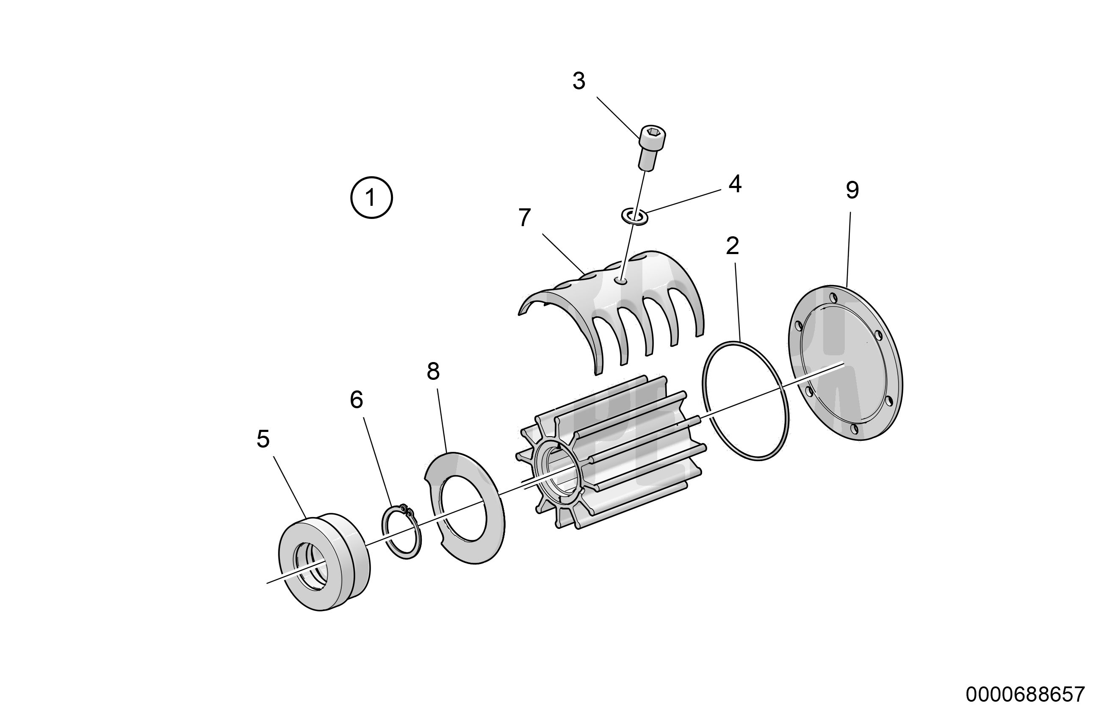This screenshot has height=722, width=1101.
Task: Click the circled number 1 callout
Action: (x=371, y=197)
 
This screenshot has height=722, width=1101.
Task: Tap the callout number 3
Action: (x=579, y=81)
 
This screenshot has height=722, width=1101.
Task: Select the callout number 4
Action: (x=735, y=184)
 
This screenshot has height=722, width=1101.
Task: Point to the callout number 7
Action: (x=525, y=218)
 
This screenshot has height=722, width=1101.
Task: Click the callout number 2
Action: (x=732, y=246)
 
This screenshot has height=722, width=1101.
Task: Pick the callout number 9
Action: (x=852, y=190)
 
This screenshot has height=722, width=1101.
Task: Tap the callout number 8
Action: (x=433, y=371)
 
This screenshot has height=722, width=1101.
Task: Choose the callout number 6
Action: (x=356, y=400)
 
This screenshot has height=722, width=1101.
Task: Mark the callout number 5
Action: (x=263, y=439)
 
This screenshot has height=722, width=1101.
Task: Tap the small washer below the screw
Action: (x=634, y=216)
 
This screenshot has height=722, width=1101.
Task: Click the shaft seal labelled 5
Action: (x=324, y=561)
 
